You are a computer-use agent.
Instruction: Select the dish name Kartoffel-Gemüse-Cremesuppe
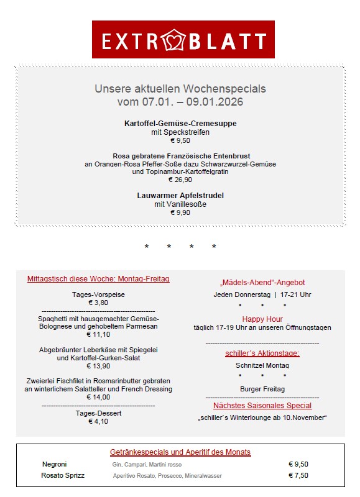pyautogui.click(x=180, y=124)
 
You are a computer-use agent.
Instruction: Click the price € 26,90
pyautogui.click(x=180, y=180)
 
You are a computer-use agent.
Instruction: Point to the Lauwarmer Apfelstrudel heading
pyautogui.click(x=180, y=195)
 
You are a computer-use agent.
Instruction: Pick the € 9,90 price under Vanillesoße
pyautogui.click(x=180, y=212)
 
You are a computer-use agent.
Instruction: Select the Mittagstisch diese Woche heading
pyautogui.click(x=98, y=279)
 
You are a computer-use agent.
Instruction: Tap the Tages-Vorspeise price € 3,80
pyautogui.click(x=98, y=303)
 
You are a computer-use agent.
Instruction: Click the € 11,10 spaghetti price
pyautogui.click(x=98, y=334)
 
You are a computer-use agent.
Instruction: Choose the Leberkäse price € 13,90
pyautogui.click(x=98, y=366)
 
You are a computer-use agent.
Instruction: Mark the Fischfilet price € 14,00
pyautogui.click(x=98, y=397)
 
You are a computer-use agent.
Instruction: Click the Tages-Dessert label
pyautogui.click(x=98, y=413)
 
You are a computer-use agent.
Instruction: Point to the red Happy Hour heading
pyautogui.click(x=262, y=319)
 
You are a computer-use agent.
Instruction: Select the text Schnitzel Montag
pyautogui.click(x=262, y=365)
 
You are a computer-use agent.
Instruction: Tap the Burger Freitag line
pyautogui.click(x=262, y=389)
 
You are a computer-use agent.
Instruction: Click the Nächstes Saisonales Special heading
pyautogui.click(x=262, y=405)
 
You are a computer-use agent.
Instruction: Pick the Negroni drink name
pyautogui.click(x=54, y=464)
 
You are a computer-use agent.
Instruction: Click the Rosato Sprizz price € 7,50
pyautogui.click(x=298, y=475)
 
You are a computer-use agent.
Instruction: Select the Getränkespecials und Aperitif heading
pyautogui.click(x=180, y=452)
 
